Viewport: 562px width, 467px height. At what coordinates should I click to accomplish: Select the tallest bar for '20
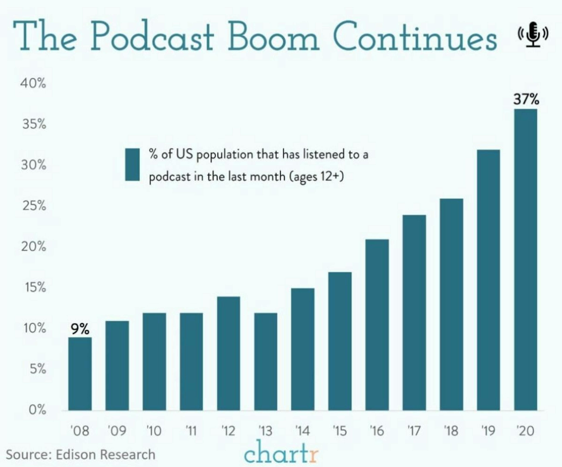[x=525, y=260]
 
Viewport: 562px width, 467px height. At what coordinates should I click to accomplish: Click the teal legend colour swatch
[x=132, y=165]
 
